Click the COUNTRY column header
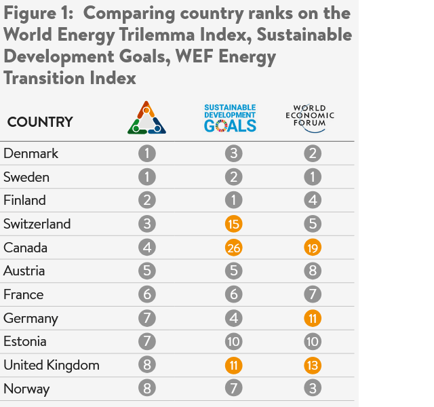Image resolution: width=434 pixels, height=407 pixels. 40,122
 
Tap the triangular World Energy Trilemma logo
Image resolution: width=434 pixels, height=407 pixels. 146,118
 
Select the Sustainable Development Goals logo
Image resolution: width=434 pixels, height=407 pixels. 231,118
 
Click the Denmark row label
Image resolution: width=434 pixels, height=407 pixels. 31,153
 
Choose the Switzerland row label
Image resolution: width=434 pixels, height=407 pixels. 37,224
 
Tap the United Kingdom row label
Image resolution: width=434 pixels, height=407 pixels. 52,365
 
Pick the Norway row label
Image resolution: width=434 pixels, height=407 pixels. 26,389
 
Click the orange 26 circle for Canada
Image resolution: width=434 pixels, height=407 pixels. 234,248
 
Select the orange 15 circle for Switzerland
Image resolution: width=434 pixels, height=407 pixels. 234,224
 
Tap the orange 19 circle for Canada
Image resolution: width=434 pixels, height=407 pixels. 313,248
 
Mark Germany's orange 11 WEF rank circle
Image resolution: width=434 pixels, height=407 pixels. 313,318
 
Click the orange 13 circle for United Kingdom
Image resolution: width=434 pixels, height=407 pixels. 313,365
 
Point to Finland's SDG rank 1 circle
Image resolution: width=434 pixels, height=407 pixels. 234,200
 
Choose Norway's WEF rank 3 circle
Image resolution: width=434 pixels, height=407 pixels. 313,389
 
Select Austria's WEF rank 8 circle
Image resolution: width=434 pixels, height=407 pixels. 313,271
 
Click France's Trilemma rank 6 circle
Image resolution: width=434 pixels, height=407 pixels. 147,294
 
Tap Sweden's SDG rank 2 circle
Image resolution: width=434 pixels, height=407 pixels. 234,177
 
